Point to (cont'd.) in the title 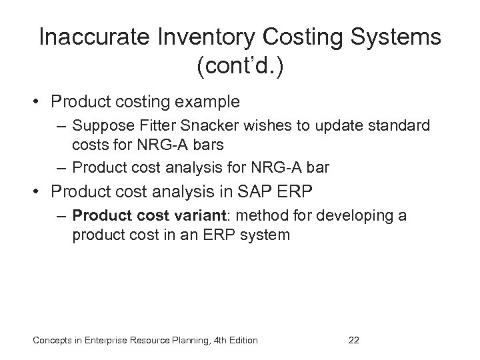(x=240, y=68)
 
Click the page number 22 (x=355, y=340)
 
